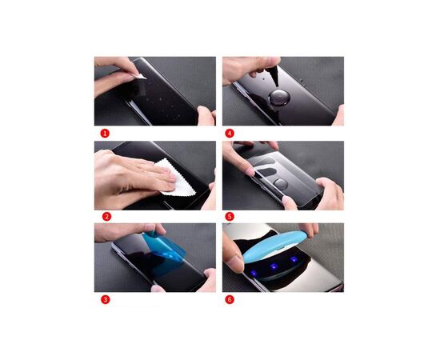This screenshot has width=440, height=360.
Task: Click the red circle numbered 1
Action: point(104,133)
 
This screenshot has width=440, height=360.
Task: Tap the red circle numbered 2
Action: point(104,216)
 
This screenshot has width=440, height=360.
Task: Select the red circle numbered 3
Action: point(104,299)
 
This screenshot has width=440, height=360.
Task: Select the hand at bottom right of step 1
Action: point(206,116)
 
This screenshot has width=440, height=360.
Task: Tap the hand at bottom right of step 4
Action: point(338,115)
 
